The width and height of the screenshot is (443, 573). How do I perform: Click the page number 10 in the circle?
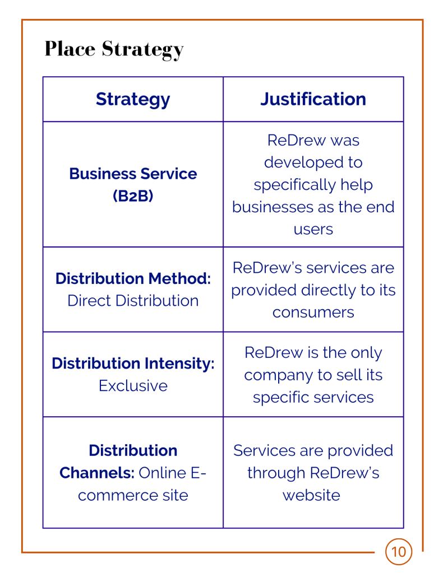click(x=398, y=552)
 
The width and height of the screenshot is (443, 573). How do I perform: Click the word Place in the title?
click(x=70, y=49)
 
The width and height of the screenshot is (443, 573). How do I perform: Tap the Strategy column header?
click(x=133, y=99)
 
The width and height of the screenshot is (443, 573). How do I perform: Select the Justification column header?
click(x=313, y=99)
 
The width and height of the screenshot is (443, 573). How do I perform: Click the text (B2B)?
click(x=133, y=196)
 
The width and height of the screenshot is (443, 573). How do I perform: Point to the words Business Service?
click(x=133, y=174)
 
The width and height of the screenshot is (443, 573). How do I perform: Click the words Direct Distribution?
click(x=133, y=301)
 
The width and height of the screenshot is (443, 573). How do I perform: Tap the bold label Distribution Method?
click(x=133, y=278)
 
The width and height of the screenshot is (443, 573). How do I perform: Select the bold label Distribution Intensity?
click(x=133, y=364)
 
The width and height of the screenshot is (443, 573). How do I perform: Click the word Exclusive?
click(x=133, y=385)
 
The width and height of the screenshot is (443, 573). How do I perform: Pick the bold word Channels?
click(x=97, y=473)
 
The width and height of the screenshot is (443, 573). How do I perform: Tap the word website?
click(x=311, y=495)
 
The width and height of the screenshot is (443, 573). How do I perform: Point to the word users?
click(x=313, y=230)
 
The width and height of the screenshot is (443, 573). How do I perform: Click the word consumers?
click(x=313, y=313)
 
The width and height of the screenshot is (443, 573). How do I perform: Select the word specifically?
click(x=295, y=185)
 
